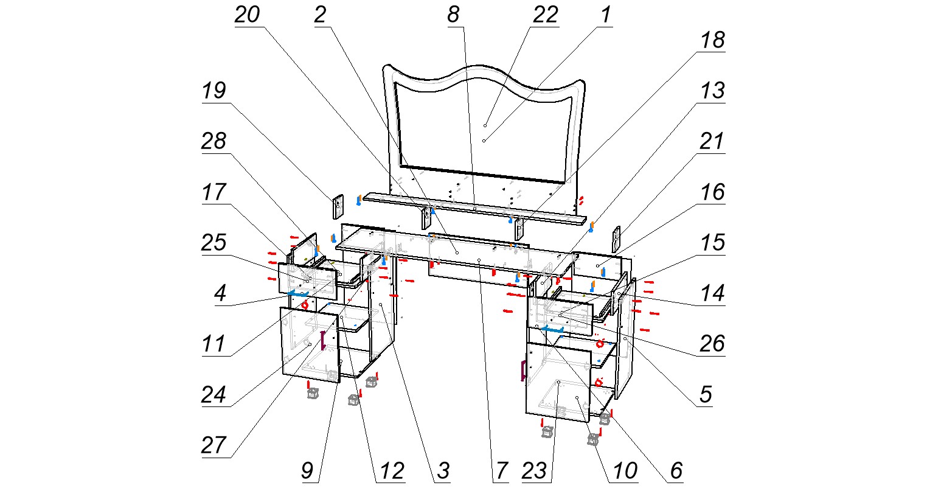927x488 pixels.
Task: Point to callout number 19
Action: coord(214,91)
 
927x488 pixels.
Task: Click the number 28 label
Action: coord(214,142)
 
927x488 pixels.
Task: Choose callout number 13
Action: coord(712,91)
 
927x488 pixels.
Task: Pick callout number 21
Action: coord(712,142)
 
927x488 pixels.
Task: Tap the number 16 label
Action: coord(712,192)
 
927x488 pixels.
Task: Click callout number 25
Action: coord(214,243)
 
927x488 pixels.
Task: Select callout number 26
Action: coord(712,344)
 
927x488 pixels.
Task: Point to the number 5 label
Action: coord(704,394)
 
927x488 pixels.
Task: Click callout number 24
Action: coord(214,394)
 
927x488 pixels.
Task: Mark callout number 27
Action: coord(214,445)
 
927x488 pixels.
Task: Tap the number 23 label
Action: coord(535,470)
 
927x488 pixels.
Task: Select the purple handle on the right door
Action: coord(523,370)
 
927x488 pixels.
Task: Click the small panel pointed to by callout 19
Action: coord(338,206)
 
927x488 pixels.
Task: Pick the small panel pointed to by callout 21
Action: coord(616,239)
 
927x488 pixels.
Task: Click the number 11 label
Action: coord(214,344)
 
